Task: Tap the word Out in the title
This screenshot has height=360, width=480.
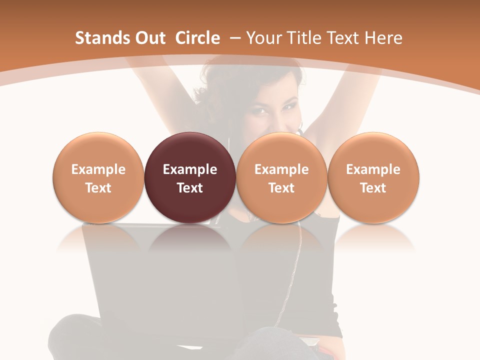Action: coord(148,38)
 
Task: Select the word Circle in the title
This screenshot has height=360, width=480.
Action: coord(197,38)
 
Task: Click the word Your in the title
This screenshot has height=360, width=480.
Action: coord(263,38)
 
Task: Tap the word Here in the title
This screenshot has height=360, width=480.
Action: coord(383,38)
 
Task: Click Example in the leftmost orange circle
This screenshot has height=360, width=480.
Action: coord(98,169)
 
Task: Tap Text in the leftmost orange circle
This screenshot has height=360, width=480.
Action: coord(98,188)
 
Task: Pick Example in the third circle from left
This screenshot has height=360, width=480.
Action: coord(281,169)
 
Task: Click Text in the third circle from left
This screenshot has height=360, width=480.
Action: coord(281,188)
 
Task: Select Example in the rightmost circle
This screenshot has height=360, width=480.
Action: coord(373,169)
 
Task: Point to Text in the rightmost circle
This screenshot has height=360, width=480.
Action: coord(373,188)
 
